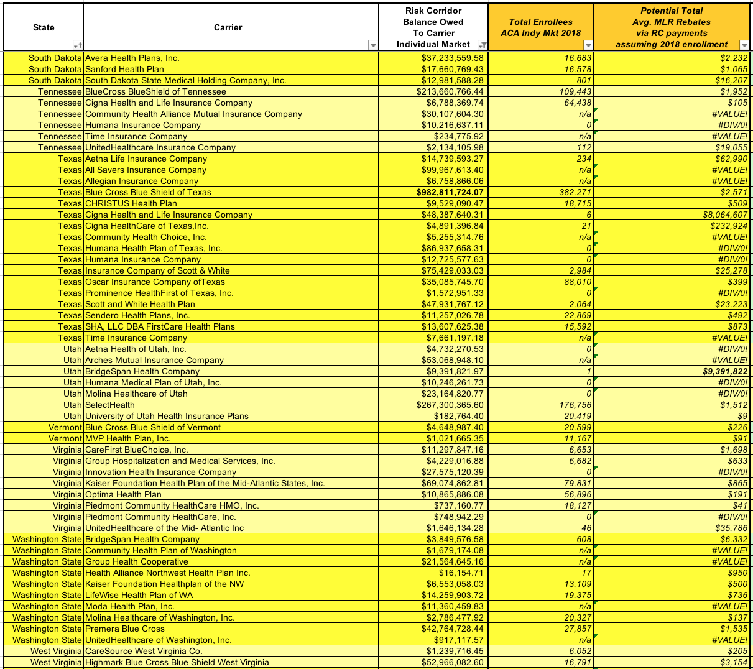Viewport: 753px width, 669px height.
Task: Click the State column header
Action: pos(44,27)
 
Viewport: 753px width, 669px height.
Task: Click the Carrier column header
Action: pos(228,27)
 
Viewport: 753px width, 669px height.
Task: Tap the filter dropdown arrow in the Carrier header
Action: pos(373,45)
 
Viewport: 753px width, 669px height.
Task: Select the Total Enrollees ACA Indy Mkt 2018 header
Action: pos(540,27)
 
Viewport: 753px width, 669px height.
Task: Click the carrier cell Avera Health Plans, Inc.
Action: pos(132,58)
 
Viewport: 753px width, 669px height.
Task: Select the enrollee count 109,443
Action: pos(575,91)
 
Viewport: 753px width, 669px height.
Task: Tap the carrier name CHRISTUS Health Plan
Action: pos(131,203)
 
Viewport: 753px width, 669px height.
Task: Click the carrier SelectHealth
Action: pos(109,405)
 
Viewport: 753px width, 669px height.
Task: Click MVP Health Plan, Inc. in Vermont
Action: pos(127,438)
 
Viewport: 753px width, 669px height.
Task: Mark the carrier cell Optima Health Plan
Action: pos(123,494)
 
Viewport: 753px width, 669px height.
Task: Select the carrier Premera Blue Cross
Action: pos(124,629)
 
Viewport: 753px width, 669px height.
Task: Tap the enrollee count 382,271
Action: pos(575,192)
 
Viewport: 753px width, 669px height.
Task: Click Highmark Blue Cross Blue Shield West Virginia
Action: pos(177,662)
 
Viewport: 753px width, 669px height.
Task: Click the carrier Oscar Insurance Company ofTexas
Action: pos(155,282)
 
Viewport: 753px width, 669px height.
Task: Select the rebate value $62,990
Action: pos(731,159)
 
